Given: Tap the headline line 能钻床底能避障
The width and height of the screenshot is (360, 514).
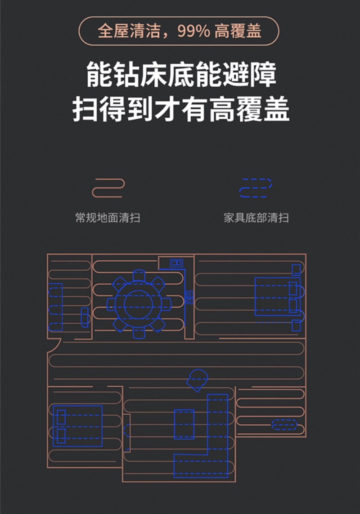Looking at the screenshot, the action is pyautogui.click(x=180, y=76).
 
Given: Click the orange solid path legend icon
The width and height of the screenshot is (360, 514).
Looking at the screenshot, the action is pyautogui.click(x=108, y=188).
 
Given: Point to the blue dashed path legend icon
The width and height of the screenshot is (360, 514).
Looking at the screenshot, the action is pyautogui.click(x=256, y=188).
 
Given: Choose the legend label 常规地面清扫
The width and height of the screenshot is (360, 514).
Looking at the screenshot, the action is pyautogui.click(x=108, y=218).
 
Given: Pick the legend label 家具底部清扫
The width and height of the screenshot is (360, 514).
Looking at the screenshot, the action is pyautogui.click(x=256, y=218).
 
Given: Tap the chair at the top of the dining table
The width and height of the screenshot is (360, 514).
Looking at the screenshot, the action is pyautogui.click(x=139, y=275).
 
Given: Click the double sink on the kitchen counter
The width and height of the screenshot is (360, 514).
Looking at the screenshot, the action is pyautogui.click(x=189, y=297).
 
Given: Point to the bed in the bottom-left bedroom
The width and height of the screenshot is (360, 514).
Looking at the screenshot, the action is pyautogui.click(x=77, y=426).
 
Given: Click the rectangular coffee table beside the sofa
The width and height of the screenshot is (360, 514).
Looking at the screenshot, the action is pyautogui.click(x=184, y=424).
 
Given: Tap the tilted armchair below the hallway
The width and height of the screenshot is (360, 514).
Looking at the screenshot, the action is pyautogui.click(x=197, y=380).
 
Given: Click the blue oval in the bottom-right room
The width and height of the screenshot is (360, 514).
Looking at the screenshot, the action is pyautogui.click(x=284, y=425).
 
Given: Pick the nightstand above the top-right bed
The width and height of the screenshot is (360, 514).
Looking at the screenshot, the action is pyautogui.click(x=296, y=270).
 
